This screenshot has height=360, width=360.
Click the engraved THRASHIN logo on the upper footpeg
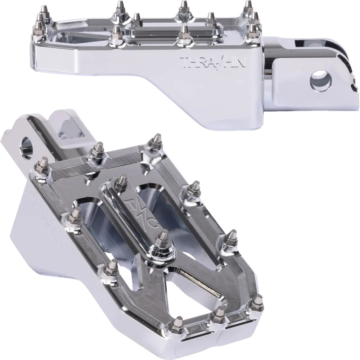point(210,62)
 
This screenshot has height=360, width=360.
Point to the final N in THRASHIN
point(235,62)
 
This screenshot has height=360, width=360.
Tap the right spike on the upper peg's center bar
point(210,19)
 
